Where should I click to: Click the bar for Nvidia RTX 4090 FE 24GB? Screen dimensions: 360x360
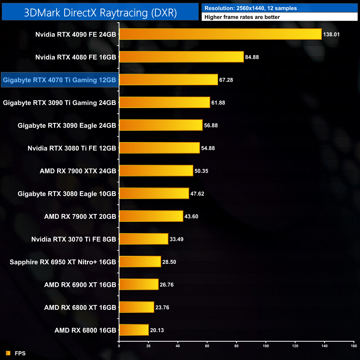pos(220,34)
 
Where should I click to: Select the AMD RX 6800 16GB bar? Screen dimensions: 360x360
pos(134,330)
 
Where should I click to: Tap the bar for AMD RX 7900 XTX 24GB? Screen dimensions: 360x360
pos(156,171)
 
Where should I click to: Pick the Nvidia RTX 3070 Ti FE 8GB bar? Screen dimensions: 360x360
pos(144,239)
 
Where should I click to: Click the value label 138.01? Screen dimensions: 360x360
pos(331,35)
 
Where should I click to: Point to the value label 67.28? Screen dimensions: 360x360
pos(226,80)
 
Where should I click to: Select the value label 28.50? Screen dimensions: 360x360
pos(169,262)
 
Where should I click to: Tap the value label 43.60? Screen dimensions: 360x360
pos(191,217)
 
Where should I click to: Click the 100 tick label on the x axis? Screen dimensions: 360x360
pos(266,346)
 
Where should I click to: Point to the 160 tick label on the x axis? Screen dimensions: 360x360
pos(354,346)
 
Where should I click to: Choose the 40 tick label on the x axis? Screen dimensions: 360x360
pos(178,346)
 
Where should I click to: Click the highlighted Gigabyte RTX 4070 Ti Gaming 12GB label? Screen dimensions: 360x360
pos(60,80)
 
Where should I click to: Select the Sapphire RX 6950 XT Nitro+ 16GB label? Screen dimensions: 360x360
pos(63,262)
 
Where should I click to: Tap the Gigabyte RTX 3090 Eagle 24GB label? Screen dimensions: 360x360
pos(67,125)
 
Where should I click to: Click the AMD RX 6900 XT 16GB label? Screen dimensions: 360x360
pos(80,285)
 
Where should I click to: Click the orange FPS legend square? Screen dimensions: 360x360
pos(8,353)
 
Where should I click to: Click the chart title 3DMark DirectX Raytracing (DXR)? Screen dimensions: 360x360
pos(100,12)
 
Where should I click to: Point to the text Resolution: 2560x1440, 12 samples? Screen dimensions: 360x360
pos(251,8)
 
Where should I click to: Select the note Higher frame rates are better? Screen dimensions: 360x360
pos(242,17)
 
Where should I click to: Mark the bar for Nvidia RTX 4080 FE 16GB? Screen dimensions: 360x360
pos(181,57)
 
